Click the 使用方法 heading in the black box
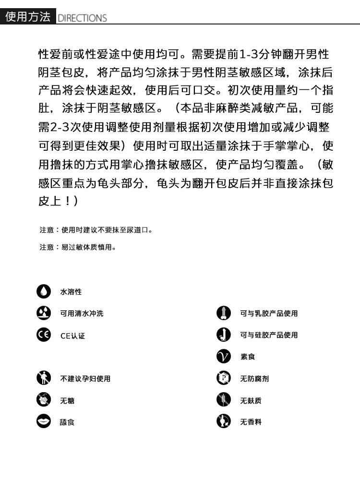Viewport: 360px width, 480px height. coord(28,17)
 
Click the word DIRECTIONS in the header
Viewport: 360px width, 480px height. coord(82,18)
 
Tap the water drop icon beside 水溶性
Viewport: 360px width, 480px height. coord(44,291)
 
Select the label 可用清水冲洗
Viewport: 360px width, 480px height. coord(82,313)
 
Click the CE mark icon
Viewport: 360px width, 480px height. coord(44,335)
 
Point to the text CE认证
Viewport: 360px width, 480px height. coord(72,336)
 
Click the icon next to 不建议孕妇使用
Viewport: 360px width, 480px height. coord(44,378)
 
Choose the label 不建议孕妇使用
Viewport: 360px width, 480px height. coord(85,379)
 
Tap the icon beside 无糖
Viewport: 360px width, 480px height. coord(44,400)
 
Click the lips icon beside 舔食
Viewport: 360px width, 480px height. coord(44,421)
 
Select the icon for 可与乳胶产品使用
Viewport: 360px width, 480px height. coord(224,313)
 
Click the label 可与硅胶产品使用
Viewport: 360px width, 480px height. coord(269,335)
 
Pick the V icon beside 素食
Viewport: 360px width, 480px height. coord(224,357)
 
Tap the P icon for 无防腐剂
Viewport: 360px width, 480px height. coord(224,378)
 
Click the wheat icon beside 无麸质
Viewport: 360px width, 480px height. coord(224,400)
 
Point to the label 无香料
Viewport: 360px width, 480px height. coord(251,422)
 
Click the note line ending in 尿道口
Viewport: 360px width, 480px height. coord(96,230)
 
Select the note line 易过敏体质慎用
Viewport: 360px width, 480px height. coord(78,247)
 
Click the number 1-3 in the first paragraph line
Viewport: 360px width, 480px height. coord(250,54)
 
